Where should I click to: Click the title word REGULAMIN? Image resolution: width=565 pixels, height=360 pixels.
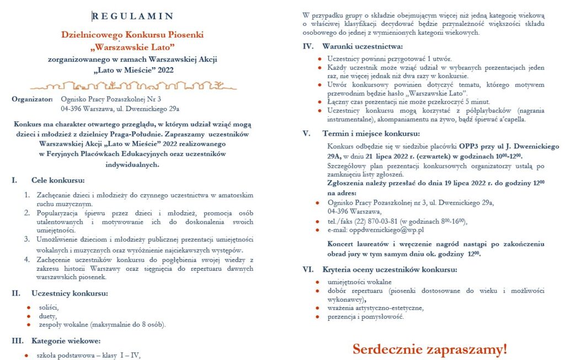[133, 15]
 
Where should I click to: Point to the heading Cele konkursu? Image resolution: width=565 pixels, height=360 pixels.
[58, 180]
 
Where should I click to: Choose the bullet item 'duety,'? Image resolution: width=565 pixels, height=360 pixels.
[47, 316]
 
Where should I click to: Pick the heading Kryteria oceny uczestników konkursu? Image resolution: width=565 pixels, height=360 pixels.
[390, 270]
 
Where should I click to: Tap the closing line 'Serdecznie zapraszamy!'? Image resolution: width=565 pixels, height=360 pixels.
[430, 349]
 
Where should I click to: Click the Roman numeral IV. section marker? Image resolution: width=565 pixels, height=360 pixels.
[308, 45]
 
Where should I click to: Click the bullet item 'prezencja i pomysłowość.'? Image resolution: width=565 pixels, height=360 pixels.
[366, 316]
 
